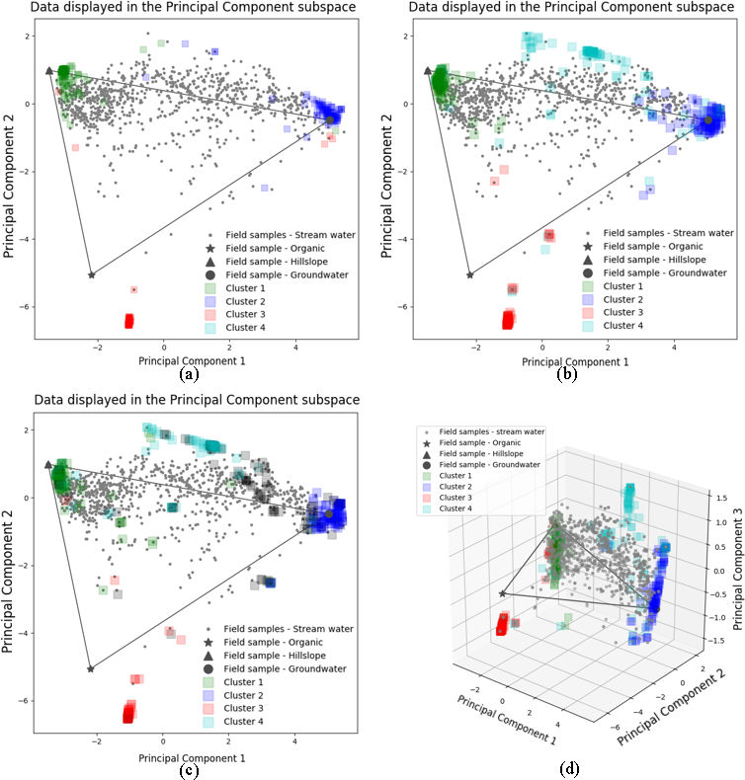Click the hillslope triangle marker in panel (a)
(x=49, y=71)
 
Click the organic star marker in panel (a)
(x=91, y=274)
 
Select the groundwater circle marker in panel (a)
(x=330, y=120)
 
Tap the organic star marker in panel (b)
(x=469, y=274)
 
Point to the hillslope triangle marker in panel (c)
(x=48, y=464)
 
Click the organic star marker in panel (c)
(x=90, y=668)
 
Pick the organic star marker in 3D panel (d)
(x=503, y=593)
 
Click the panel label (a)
(x=188, y=374)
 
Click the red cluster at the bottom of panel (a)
(x=128, y=321)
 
